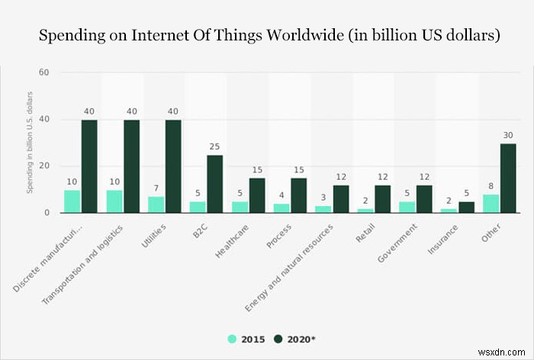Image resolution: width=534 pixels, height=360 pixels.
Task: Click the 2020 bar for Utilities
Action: click(x=173, y=166)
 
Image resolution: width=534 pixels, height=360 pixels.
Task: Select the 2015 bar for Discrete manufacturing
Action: click(x=72, y=201)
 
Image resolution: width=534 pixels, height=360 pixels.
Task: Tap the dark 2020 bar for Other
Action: click(x=508, y=178)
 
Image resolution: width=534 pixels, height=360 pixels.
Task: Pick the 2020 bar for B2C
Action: click(x=215, y=184)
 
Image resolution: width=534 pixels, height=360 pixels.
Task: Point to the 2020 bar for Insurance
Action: click(x=467, y=207)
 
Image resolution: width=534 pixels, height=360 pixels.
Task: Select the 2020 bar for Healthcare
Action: click(x=257, y=195)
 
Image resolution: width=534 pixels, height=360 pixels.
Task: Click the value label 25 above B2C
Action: click(x=215, y=146)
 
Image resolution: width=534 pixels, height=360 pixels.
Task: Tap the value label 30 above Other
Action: click(x=508, y=135)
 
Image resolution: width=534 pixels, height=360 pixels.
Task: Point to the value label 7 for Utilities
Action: click(x=156, y=188)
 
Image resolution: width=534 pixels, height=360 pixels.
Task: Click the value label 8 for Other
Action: click(x=491, y=185)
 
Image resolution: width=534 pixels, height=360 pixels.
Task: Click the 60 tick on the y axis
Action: click(x=44, y=73)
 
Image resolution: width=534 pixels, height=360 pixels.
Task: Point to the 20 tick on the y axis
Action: click(x=44, y=166)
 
